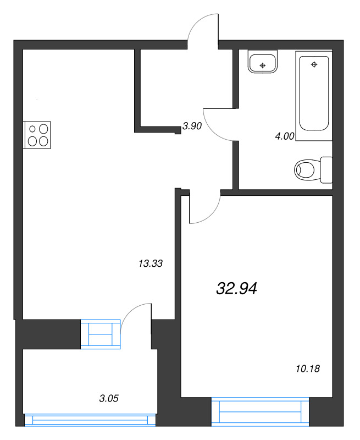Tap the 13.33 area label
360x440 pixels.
151,264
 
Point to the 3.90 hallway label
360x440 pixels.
192,126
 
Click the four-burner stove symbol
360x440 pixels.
38,135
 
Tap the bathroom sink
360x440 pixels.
263,62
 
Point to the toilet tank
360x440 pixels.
326,169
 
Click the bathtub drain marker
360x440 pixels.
314,64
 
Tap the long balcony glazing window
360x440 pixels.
91,421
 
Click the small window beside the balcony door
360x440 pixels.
100,334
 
